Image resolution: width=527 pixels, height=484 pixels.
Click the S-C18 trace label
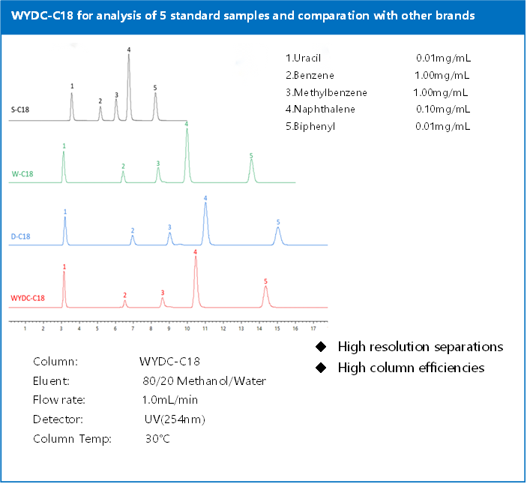click(x=21, y=109)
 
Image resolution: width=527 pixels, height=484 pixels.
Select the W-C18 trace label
click(x=22, y=174)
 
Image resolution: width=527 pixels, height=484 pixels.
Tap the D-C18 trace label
click(x=21, y=237)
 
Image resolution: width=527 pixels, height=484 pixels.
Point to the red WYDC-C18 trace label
click(x=28, y=298)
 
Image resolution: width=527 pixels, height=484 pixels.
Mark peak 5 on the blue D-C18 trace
click(x=278, y=233)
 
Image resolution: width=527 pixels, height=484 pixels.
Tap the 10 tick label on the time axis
click(x=187, y=328)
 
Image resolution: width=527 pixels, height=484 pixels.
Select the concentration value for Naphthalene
click(x=442, y=109)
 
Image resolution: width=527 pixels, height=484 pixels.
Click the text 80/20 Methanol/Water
click(x=204, y=380)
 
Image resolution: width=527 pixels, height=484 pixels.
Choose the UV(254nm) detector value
click(x=175, y=419)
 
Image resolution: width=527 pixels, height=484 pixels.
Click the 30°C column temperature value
click(x=158, y=437)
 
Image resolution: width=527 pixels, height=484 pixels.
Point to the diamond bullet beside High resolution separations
click(x=321, y=347)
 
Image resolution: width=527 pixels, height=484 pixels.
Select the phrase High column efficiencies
click(x=411, y=368)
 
